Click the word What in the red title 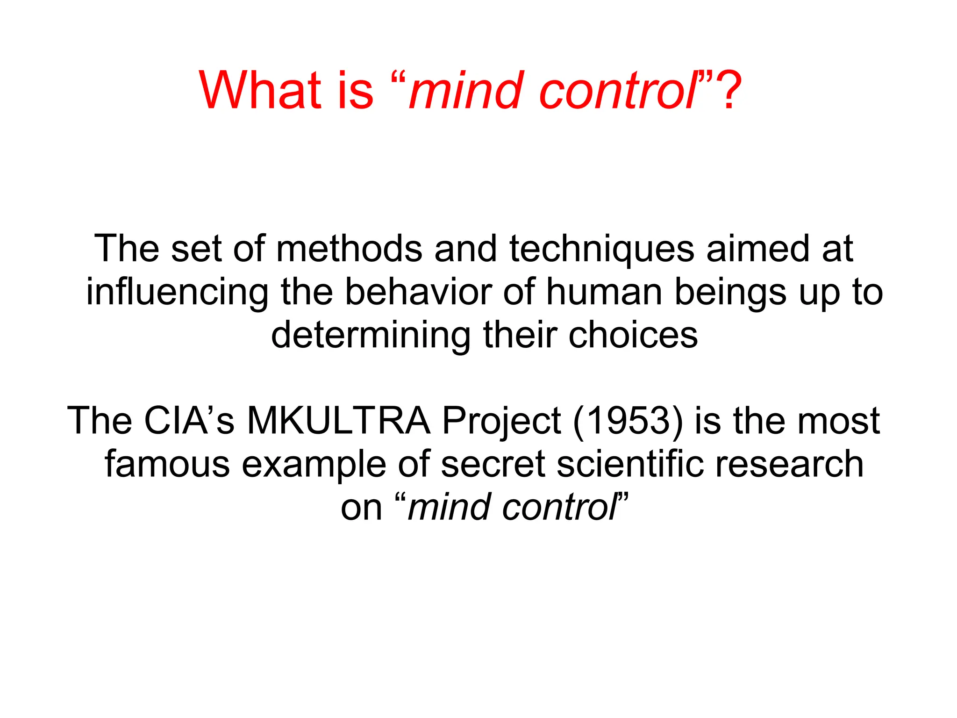(260, 90)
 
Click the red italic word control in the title (617, 90)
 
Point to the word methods (349, 249)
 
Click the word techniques (601, 249)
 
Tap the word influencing (177, 293)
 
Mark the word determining (371, 336)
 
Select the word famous (167, 464)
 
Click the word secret (493, 464)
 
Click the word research (789, 464)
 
